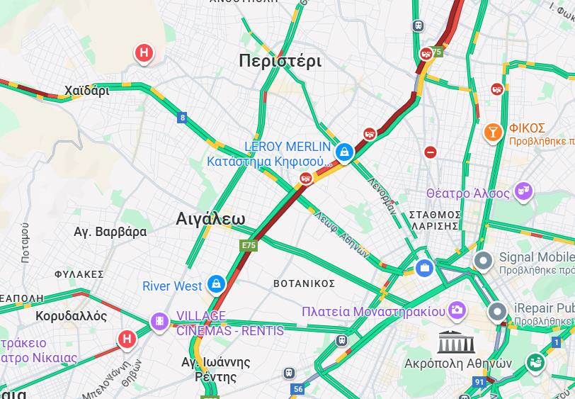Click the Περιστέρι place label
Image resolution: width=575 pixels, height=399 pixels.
pyautogui.click(x=280, y=60)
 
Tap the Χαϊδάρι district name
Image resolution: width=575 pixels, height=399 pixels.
pyautogui.click(x=86, y=91)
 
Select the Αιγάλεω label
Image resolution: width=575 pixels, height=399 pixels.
pyautogui.click(x=210, y=219)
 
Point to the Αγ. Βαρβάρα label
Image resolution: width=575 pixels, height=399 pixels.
pyautogui.click(x=110, y=232)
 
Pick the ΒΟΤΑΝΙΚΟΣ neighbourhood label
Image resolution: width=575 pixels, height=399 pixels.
pyautogui.click(x=304, y=283)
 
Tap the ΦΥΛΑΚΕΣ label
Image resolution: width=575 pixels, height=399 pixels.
pyautogui.click(x=79, y=274)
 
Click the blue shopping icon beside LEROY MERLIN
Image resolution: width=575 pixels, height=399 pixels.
pyautogui.click(x=345, y=152)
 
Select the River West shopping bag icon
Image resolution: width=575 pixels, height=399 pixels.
pyautogui.click(x=217, y=285)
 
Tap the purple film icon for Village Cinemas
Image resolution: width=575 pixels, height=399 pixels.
pyautogui.click(x=159, y=322)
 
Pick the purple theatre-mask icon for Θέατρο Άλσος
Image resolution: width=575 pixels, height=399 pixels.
pyautogui.click(x=523, y=191)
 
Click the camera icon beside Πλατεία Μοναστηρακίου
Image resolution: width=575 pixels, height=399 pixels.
pyautogui.click(x=457, y=310)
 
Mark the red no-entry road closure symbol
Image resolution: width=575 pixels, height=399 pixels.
pyautogui.click(x=431, y=152)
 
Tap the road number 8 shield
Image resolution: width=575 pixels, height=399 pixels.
pyautogui.click(x=183, y=118)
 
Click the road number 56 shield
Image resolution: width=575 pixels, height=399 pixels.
pyautogui.click(x=298, y=389)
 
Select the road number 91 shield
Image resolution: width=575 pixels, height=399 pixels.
pyautogui.click(x=479, y=383)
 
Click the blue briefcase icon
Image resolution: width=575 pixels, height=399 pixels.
pyautogui.click(x=424, y=268)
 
